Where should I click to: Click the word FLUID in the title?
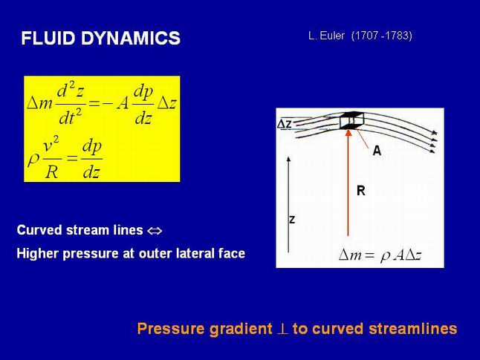[x=48, y=39]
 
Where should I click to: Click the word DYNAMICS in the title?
[x=131, y=39]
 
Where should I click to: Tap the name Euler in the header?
[x=332, y=36]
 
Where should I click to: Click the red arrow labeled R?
[x=348, y=183]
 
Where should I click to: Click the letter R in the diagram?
[x=361, y=191]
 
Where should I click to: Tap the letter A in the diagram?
[x=377, y=151]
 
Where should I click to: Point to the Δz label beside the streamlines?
[x=285, y=124]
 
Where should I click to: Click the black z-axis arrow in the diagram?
[x=288, y=205]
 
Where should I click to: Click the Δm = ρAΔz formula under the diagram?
[x=380, y=255]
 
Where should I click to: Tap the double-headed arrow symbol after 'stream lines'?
[x=155, y=231]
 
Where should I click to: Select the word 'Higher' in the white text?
[x=37, y=254]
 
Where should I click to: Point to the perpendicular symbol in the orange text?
[x=282, y=329]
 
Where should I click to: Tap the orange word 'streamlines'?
[x=413, y=329]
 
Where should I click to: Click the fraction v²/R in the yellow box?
[x=51, y=159]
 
